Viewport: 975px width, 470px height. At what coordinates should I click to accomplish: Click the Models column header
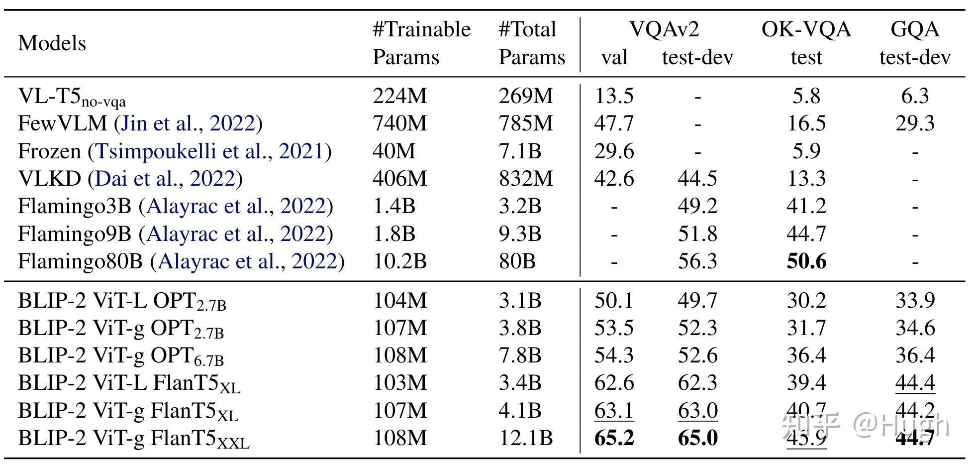click(52, 43)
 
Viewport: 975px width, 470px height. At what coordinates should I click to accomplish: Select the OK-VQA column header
click(806, 30)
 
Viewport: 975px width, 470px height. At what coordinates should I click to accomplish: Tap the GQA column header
click(914, 30)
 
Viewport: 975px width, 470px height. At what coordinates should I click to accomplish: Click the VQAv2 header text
click(664, 30)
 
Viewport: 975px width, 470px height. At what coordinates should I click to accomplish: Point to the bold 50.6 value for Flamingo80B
click(806, 261)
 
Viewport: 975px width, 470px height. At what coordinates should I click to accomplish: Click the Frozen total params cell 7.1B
click(520, 151)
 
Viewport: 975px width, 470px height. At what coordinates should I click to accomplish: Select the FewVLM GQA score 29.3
click(914, 123)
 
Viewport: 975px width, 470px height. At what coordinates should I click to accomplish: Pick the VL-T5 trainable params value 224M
click(399, 96)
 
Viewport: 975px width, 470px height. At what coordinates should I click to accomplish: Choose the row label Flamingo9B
click(74, 234)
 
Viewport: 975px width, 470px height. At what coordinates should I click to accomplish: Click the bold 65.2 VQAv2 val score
click(614, 438)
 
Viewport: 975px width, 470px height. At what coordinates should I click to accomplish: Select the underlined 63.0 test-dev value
click(697, 411)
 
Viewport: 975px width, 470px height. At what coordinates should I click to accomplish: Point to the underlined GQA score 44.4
click(914, 383)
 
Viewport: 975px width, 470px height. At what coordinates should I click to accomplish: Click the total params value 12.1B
click(525, 438)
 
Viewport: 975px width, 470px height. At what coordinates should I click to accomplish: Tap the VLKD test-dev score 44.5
click(697, 179)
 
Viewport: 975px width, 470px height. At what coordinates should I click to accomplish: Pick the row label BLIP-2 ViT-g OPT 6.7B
click(121, 356)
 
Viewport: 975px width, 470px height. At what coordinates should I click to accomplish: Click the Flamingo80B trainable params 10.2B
click(399, 261)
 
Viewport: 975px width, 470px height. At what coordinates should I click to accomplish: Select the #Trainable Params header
click(421, 43)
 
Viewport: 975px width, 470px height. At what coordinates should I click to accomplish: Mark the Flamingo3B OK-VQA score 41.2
click(806, 206)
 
